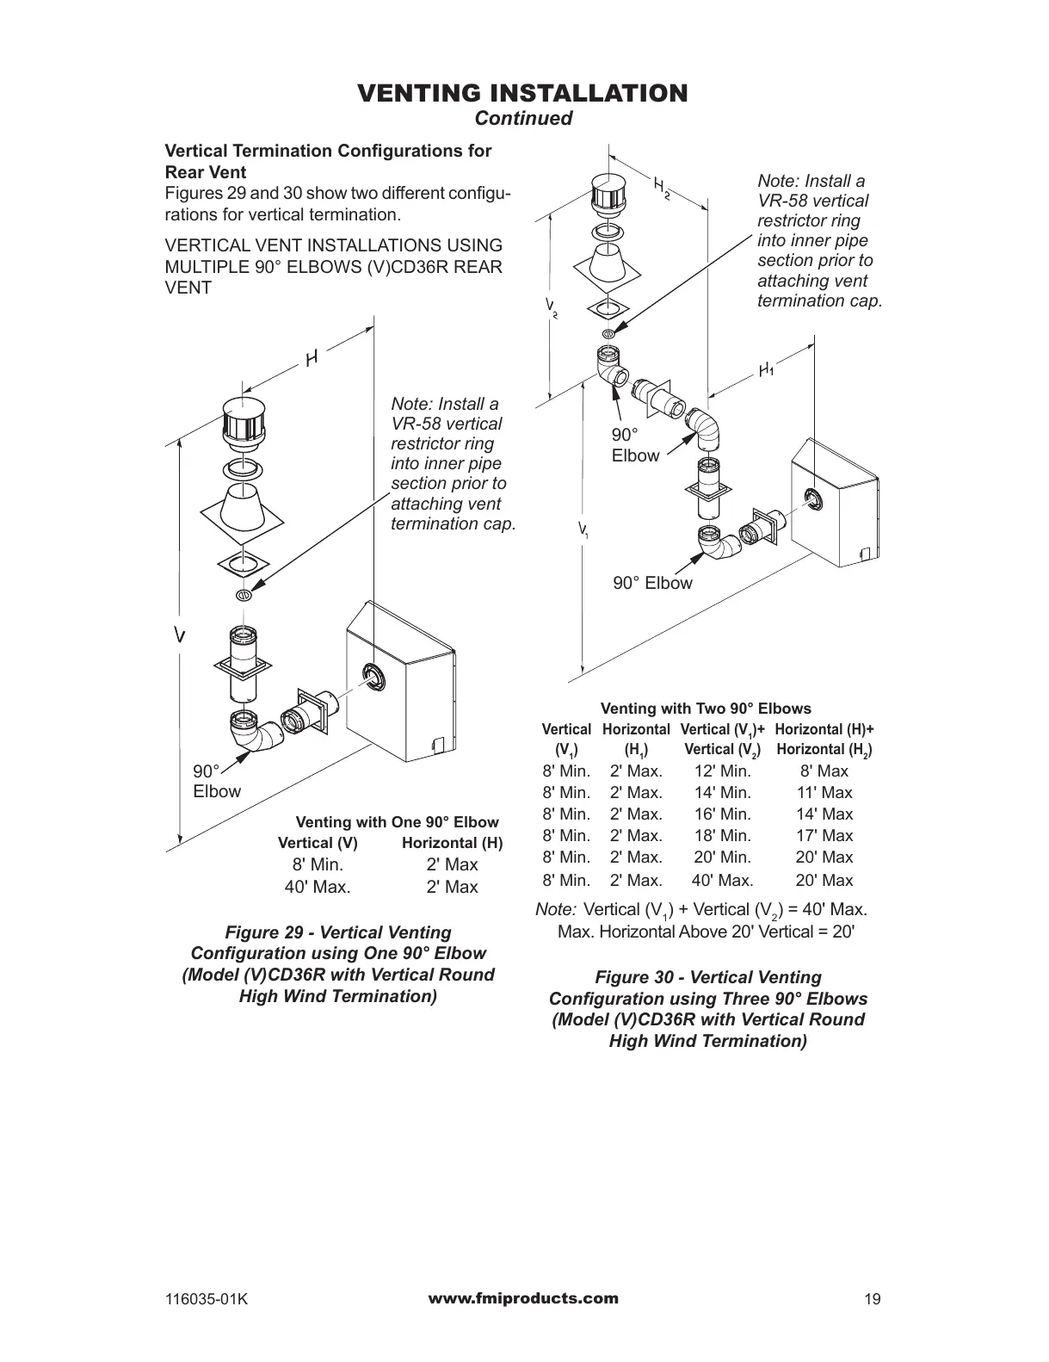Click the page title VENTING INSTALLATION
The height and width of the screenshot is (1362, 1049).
[522, 93]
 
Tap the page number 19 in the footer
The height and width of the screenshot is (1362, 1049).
[873, 1300]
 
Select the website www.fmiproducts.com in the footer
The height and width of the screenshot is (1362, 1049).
[522, 1298]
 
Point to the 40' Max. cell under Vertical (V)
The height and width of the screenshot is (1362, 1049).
[318, 887]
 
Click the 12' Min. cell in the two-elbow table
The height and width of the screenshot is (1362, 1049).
[723, 771]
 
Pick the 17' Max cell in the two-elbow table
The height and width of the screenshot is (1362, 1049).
[824, 835]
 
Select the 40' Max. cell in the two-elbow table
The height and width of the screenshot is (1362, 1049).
[723, 880]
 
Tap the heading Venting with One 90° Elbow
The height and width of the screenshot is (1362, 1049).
[397, 821]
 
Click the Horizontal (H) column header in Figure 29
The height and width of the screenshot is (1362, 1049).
[452, 843]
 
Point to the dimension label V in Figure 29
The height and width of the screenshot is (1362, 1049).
[179, 635]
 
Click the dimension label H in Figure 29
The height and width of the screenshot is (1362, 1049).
[312, 358]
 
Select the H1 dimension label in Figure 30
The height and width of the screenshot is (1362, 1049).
[766, 370]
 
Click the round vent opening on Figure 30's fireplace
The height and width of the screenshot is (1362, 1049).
[813, 498]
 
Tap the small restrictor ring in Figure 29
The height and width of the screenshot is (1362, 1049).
[243, 595]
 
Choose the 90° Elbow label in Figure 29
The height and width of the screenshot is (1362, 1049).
[216, 781]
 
